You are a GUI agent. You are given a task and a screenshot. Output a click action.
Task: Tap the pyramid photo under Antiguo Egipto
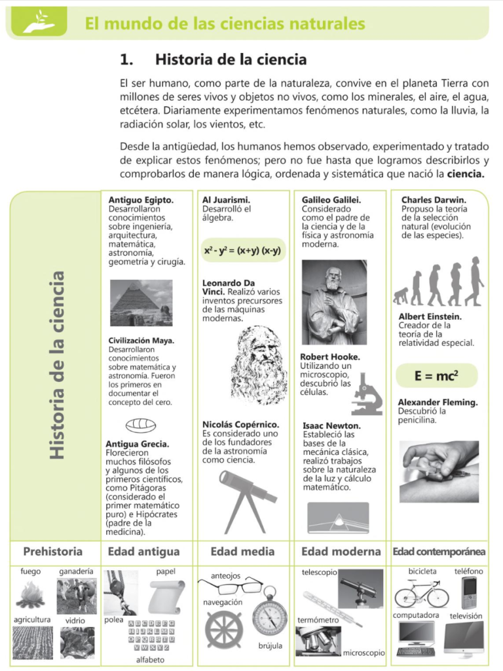click(141, 302)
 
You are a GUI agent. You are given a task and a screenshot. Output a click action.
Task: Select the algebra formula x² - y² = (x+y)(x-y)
click(242, 250)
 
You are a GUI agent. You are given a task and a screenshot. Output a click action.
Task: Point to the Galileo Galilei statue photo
click(334, 302)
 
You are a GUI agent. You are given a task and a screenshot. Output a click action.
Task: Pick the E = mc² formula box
click(436, 375)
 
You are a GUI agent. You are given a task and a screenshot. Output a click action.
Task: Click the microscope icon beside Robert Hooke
click(367, 393)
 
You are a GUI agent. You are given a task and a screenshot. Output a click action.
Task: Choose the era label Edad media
click(242, 551)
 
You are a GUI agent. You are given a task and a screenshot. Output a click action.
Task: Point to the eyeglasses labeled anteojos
click(231, 586)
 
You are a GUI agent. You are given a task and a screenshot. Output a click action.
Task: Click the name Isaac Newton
click(331, 425)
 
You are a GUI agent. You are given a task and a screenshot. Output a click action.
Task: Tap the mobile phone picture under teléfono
click(470, 593)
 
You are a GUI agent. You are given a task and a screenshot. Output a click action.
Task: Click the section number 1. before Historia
click(126, 60)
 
